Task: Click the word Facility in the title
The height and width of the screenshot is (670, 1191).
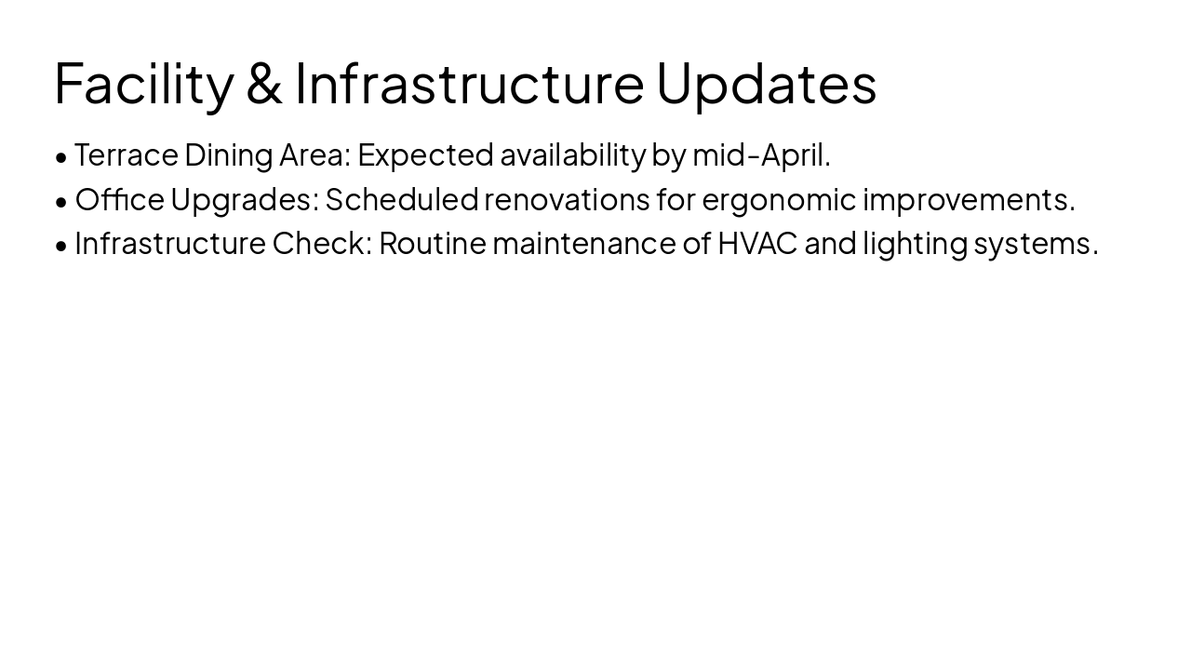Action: pyautogui.click(x=143, y=84)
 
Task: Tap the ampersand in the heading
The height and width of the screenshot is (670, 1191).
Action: pyautogui.click(x=264, y=84)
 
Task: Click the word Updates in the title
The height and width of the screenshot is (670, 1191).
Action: pyautogui.click(x=766, y=84)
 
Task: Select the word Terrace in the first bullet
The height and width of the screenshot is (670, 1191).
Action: pyautogui.click(x=126, y=155)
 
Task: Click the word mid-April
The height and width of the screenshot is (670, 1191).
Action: pyautogui.click(x=761, y=155)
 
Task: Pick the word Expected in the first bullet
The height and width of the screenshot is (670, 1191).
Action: pyautogui.click(x=425, y=155)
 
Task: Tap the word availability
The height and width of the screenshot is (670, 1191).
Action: pyautogui.click(x=572, y=155)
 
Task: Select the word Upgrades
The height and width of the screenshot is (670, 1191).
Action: pyautogui.click(x=244, y=199)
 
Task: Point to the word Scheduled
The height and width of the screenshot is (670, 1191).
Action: pyautogui.click(x=401, y=199)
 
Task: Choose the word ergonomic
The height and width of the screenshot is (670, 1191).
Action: pyautogui.click(x=779, y=199)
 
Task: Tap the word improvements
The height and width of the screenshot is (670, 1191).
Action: pyautogui.click(x=969, y=199)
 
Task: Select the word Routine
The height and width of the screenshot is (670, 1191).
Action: pyautogui.click(x=432, y=243)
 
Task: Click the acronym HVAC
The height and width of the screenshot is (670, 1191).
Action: pyautogui.click(x=757, y=243)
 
